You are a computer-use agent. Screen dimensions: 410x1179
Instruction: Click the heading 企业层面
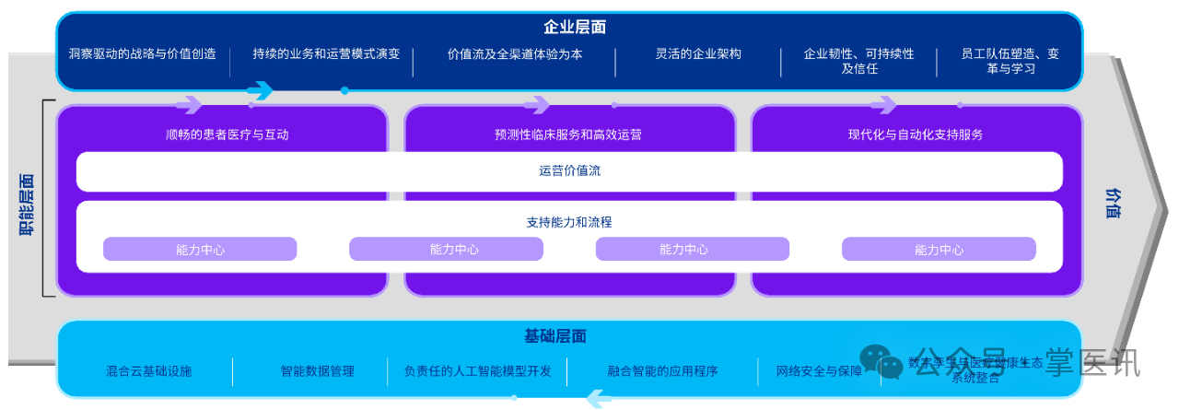pyautogui.click(x=574, y=28)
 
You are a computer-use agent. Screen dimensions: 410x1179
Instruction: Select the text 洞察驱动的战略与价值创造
pyautogui.click(x=143, y=54)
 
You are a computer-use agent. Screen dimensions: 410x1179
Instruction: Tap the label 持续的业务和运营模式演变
pyautogui.click(x=326, y=54)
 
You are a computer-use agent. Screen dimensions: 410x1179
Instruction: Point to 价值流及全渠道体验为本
pyautogui.click(x=515, y=54)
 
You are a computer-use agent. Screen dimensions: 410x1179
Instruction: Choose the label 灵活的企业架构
pyautogui.click(x=698, y=54)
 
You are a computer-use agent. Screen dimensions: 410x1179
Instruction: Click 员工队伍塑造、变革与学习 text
pyautogui.click(x=997, y=61)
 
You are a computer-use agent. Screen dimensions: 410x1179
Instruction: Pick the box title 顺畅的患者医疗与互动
pyautogui.click(x=228, y=135)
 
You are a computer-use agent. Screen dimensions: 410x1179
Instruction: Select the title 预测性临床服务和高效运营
pyautogui.click(x=567, y=135)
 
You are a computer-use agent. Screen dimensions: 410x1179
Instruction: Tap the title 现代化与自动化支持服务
pyautogui.click(x=916, y=135)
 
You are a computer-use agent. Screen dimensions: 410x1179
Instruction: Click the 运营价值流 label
pyautogui.click(x=570, y=170)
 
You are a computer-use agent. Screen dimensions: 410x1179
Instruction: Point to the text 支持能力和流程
pyautogui.click(x=569, y=222)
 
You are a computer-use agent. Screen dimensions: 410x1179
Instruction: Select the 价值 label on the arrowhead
pyautogui.click(x=1114, y=203)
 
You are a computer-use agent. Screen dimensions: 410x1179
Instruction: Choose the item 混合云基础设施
pyautogui.click(x=149, y=371)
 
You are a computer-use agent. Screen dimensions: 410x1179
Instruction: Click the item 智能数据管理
pyautogui.click(x=318, y=371)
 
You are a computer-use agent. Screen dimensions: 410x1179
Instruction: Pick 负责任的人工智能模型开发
pyautogui.click(x=478, y=371)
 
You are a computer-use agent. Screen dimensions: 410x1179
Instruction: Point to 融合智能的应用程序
pyautogui.click(x=662, y=371)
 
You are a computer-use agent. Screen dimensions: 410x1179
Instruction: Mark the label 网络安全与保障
pyautogui.click(x=819, y=371)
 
